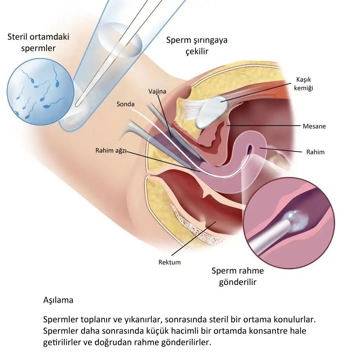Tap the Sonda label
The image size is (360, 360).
tap(125, 104)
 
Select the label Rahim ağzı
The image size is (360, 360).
tap(111, 151)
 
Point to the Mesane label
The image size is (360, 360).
tap(314, 126)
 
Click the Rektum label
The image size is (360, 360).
tap(169, 262)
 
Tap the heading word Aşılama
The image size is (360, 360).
tap(58, 300)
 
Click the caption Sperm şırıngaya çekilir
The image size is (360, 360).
tap(197, 46)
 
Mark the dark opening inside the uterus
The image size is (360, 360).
tap(250, 149)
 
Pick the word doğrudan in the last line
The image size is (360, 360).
tap(124, 342)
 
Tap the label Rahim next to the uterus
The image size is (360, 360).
tap(316, 152)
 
